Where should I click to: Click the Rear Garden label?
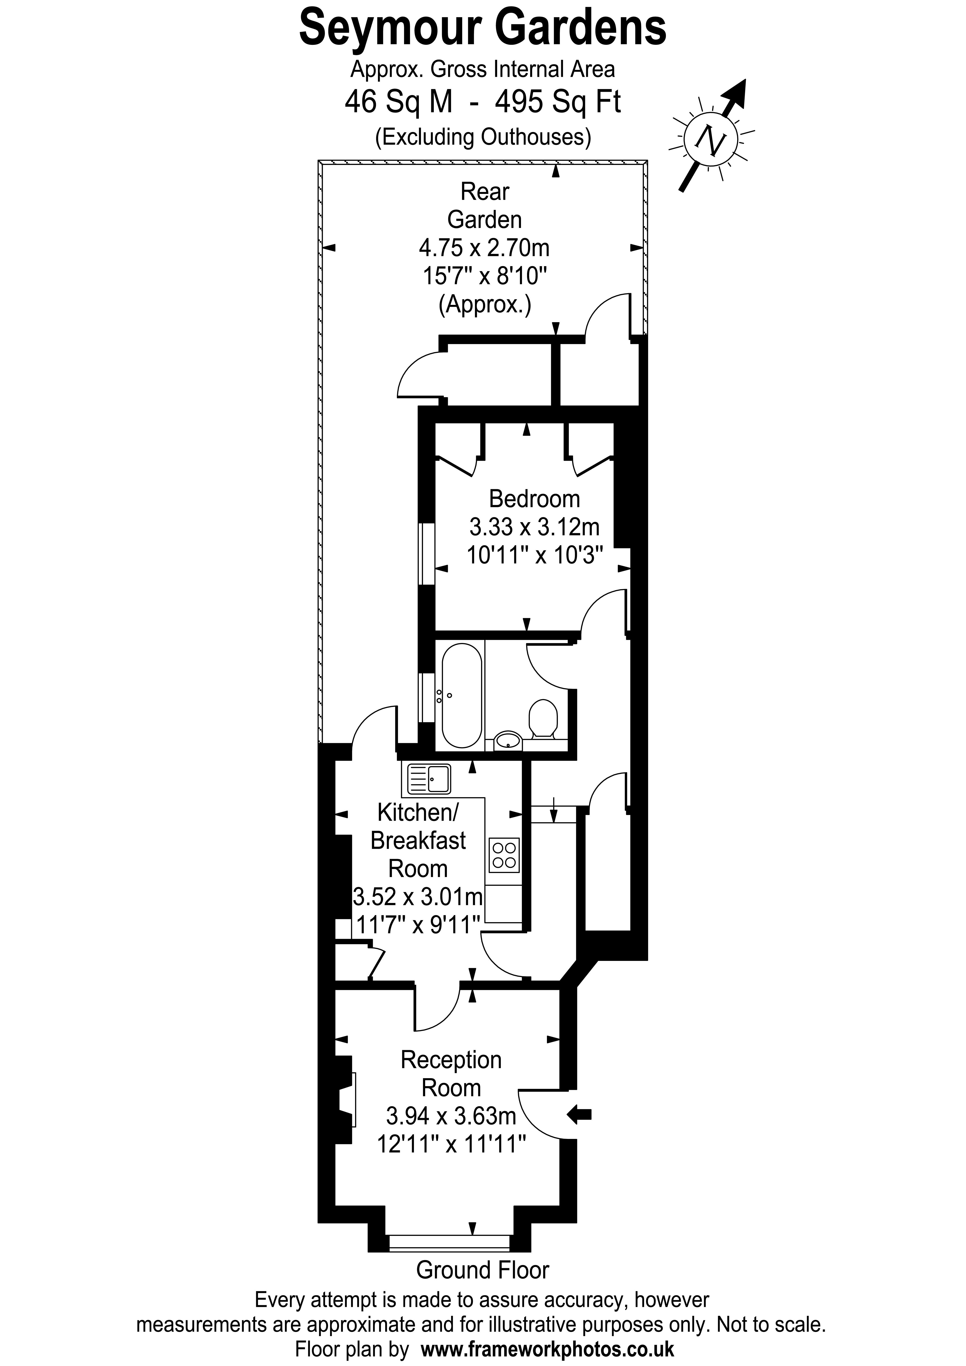click(x=485, y=206)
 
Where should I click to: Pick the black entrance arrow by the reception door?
click(x=579, y=1114)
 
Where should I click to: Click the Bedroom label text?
click(x=534, y=499)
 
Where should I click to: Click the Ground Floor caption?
click(x=482, y=1270)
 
